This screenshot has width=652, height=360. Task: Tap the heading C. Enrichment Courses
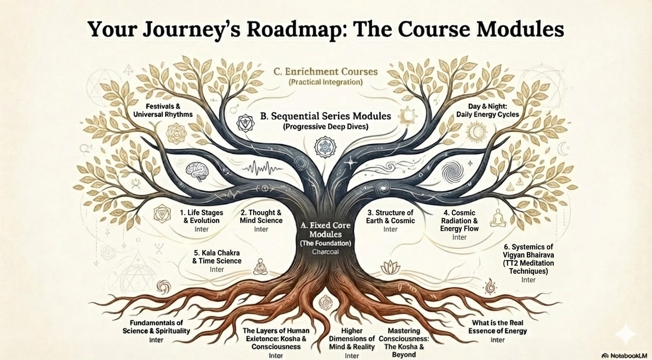(x=326, y=72)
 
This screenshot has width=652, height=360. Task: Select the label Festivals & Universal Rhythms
(x=163, y=110)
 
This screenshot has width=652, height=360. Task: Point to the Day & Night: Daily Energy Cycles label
(x=488, y=110)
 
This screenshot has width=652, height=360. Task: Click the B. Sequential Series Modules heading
(x=325, y=116)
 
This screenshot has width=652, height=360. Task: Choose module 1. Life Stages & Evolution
(x=201, y=217)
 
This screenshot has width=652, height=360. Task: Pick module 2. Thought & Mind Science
(x=261, y=217)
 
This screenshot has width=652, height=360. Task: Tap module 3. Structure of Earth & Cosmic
(x=390, y=217)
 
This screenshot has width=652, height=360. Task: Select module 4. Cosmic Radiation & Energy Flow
(x=459, y=220)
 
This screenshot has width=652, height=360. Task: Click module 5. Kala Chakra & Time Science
(x=216, y=257)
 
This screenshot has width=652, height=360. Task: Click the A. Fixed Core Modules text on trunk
(x=326, y=230)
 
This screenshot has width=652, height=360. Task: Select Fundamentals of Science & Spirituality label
(x=156, y=327)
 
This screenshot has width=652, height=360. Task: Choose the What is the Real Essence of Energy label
(x=497, y=327)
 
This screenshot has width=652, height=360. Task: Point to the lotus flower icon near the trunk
(x=390, y=267)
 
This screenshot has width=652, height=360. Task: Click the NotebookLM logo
(x=624, y=355)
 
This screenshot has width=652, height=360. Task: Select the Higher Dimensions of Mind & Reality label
(x=351, y=338)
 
